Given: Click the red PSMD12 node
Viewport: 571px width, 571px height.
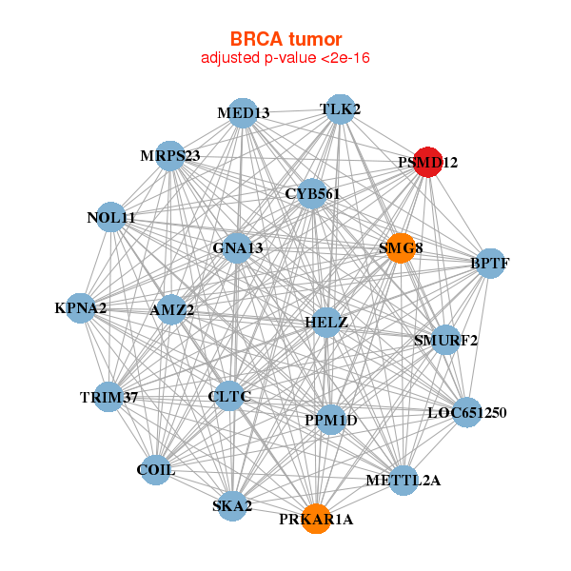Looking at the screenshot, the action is tap(428, 162).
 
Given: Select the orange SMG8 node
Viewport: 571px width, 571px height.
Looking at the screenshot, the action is tap(401, 248).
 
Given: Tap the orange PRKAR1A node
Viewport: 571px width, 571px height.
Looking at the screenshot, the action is tap(316, 519).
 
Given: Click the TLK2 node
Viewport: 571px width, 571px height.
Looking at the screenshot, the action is tap(340, 109).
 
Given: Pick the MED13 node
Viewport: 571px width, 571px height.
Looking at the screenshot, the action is tap(243, 113).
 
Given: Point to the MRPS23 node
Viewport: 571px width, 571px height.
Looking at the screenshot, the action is tap(170, 156).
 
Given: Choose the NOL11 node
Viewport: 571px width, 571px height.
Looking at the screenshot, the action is tap(110, 217).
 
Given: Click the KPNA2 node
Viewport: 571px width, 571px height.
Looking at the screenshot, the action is tap(81, 308).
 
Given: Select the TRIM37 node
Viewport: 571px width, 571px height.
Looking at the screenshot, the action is tap(108, 397).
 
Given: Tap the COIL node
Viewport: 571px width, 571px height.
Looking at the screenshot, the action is tap(155, 470).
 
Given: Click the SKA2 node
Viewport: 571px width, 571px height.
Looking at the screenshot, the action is tap(232, 505).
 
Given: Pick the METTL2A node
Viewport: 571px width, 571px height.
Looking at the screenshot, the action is tap(404, 481).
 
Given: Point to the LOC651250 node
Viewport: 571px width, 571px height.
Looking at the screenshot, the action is tap(467, 412).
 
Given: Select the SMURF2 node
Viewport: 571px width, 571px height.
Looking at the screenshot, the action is tap(445, 340).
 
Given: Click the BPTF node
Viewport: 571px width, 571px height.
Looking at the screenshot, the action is tap(490, 264).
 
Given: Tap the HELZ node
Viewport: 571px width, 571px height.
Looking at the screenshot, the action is tap(326, 323).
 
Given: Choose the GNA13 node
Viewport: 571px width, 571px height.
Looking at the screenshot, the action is tap(237, 248).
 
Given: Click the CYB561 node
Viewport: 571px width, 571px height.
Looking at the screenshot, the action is tap(312, 194).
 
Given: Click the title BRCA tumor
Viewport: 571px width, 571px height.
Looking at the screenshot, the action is tap(285, 39).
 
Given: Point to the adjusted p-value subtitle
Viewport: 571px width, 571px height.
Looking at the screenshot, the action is tap(285, 58).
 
